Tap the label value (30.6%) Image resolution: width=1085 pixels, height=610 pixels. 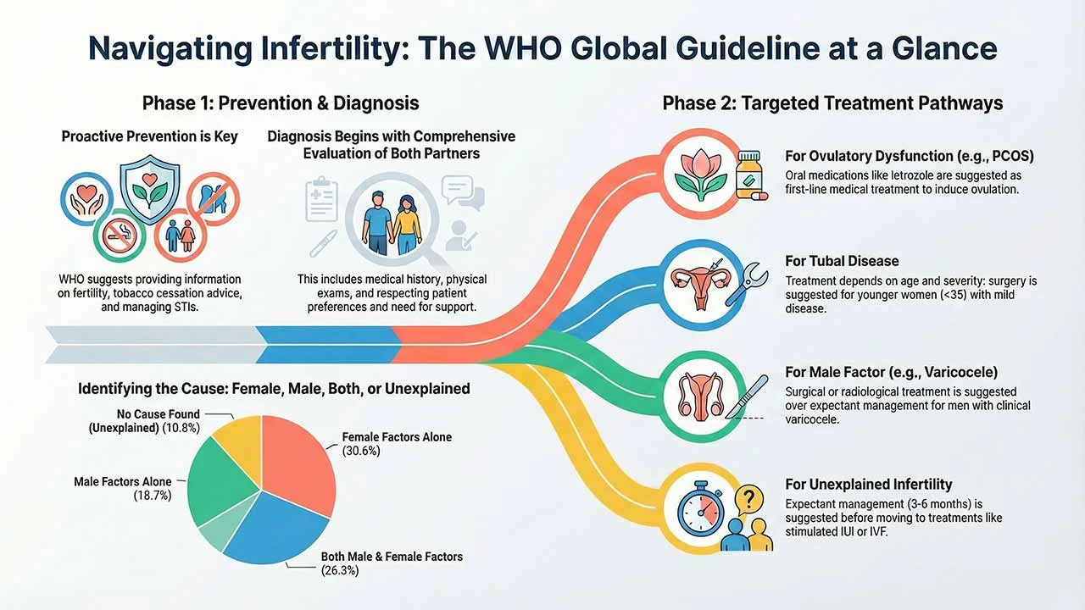tap(361, 452)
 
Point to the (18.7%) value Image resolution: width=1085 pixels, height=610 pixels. tap(153, 496)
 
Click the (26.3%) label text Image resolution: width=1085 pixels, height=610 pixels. tap(340, 571)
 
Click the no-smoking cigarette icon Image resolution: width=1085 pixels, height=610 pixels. tap(120, 236)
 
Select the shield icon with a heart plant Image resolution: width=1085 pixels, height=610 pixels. tap(150, 189)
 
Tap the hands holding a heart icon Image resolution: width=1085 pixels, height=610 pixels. tap(86, 198)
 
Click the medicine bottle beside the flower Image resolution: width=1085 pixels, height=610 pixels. tap(750, 175)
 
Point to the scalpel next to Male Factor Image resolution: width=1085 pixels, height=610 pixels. tap(747, 397)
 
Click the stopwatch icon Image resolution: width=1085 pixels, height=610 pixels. tap(701, 508)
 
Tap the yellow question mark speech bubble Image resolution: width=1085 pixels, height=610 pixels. tap(748, 500)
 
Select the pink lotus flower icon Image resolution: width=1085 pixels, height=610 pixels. tap(701, 175)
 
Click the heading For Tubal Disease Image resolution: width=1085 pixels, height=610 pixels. tap(842, 261)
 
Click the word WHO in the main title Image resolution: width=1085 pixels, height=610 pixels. tap(524, 48)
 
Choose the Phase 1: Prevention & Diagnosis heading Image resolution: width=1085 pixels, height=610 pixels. tap(281, 103)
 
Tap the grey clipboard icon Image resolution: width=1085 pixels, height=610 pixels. tap(321, 199)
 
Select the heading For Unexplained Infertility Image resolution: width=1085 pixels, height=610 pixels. tap(869, 484)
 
